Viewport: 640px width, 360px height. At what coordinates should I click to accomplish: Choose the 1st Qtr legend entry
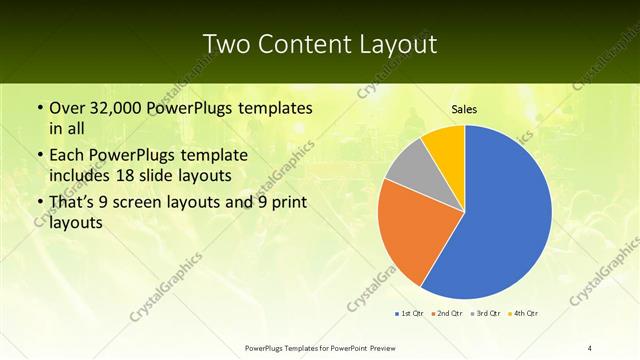pos(410,314)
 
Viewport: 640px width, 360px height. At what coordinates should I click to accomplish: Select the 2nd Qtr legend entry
pos(446,314)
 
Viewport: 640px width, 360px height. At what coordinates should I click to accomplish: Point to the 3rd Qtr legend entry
pos(485,314)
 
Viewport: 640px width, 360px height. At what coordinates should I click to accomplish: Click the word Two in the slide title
pos(225,45)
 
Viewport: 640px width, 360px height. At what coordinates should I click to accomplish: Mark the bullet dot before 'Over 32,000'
pos(38,108)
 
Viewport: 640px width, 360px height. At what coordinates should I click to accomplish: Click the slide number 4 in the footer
pos(590,347)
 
